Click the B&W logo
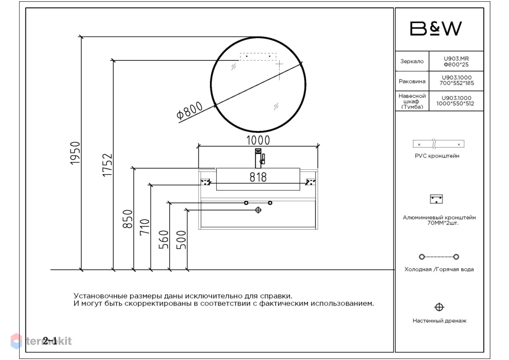(x=436, y=28)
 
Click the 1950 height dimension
(x=75, y=153)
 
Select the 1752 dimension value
(x=107, y=165)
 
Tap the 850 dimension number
(x=127, y=219)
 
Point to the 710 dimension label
(x=145, y=227)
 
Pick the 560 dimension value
(x=164, y=239)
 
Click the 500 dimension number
(x=181, y=240)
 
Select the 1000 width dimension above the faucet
(x=258, y=140)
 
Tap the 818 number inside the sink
(x=258, y=177)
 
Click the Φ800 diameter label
(x=189, y=110)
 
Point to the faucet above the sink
(x=260, y=158)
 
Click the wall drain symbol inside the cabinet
(x=258, y=210)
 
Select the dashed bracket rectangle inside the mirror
(x=258, y=56)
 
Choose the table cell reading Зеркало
(x=412, y=61)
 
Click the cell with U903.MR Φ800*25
(x=456, y=62)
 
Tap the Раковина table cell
(x=412, y=81)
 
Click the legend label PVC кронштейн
(x=437, y=156)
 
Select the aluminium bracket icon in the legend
(x=436, y=199)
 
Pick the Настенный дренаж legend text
(x=439, y=321)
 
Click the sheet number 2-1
(x=50, y=340)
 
